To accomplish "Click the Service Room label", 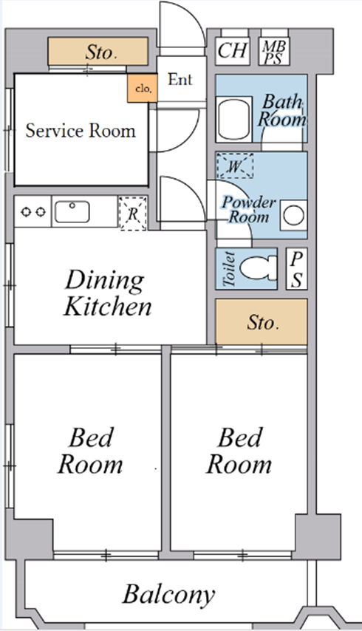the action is click(81, 131).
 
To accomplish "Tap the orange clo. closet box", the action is click(143, 88).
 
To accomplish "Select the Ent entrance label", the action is click(180, 79).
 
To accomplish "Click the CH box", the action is click(233, 51).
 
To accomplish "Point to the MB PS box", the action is click(274, 51).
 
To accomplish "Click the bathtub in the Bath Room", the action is click(234, 119).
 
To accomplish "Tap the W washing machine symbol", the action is click(235, 166).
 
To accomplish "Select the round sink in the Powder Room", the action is click(293, 215).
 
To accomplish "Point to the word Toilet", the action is click(228, 269).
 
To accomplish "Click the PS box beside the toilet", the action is click(297, 269).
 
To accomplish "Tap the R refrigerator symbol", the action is click(133, 214).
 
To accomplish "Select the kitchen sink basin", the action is click(72, 212).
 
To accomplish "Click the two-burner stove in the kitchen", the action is click(33, 211).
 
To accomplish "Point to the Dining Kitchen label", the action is click(107, 293).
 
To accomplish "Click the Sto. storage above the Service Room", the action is click(98, 52).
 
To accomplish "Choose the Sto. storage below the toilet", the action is click(262, 321).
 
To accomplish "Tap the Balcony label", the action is click(168, 594).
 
